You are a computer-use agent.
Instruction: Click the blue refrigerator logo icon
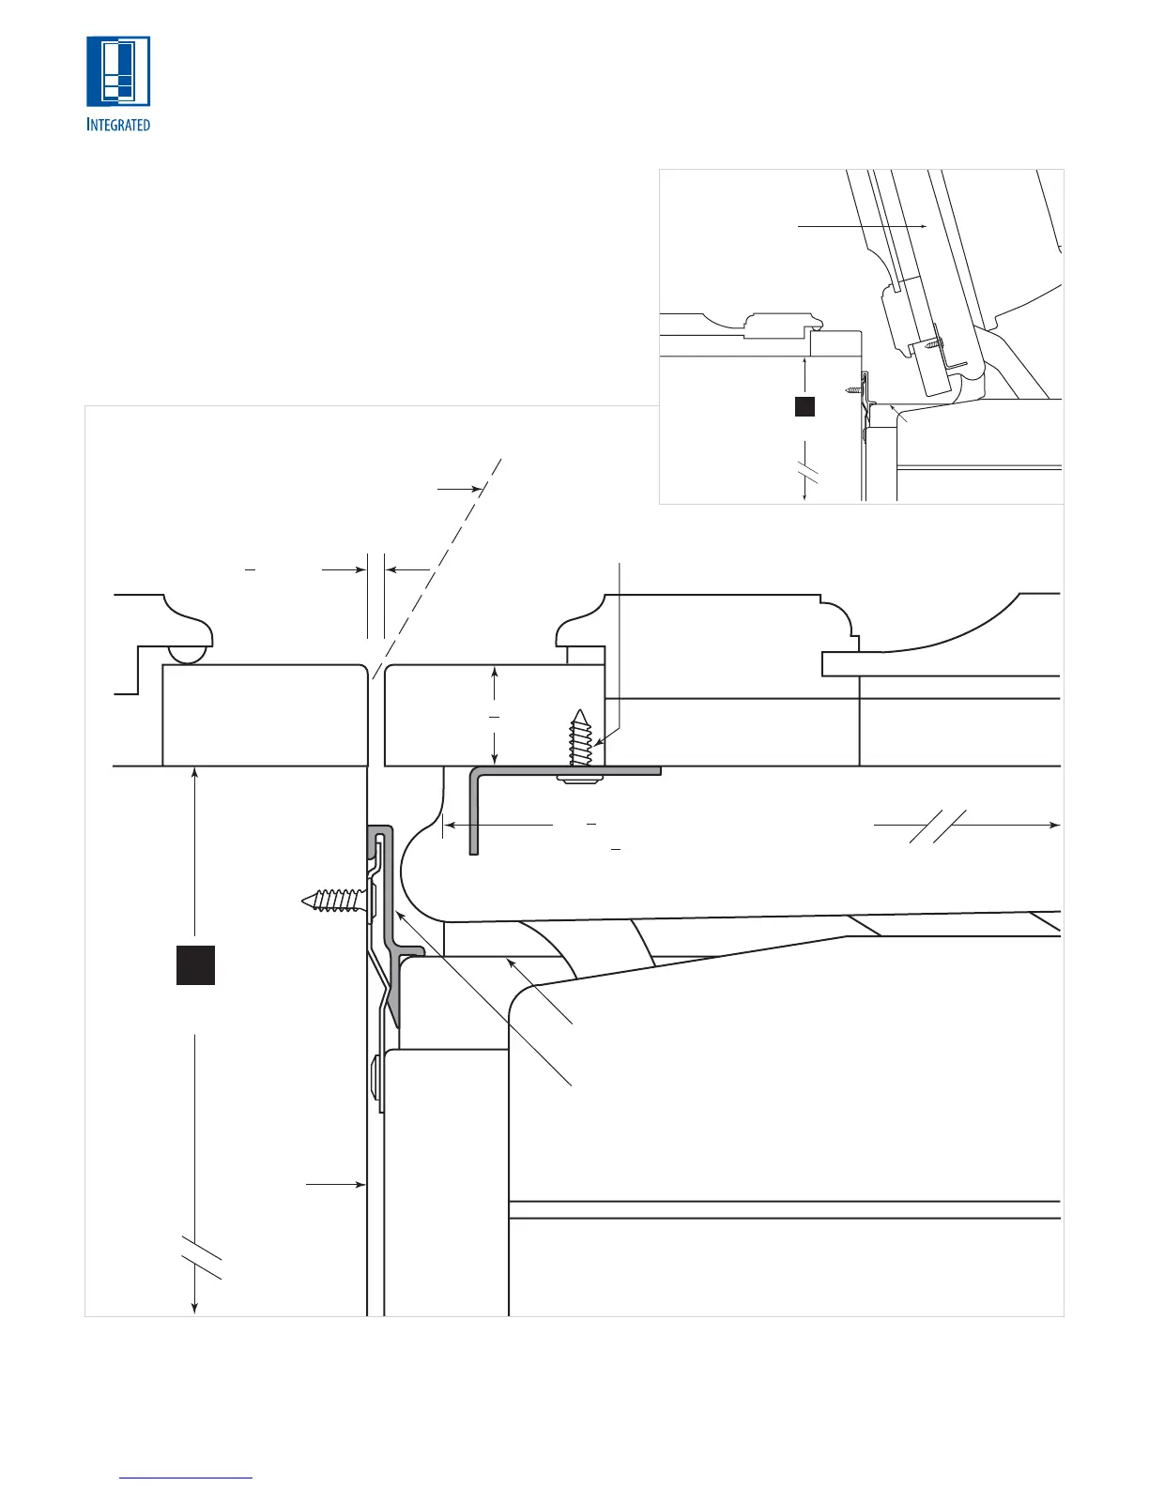tap(118, 71)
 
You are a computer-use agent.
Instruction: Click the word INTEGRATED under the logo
tap(118, 124)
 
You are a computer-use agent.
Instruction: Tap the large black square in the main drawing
tap(196, 964)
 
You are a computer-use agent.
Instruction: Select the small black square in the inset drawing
tap(804, 406)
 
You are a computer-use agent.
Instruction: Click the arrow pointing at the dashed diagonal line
tap(460, 488)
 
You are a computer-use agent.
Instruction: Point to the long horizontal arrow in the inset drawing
tap(862, 226)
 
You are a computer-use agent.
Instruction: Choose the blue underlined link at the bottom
tap(187, 1478)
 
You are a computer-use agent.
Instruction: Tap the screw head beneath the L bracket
tap(574, 779)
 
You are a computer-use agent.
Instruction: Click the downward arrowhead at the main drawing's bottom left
tap(194, 1307)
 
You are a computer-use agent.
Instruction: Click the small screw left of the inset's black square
tap(854, 388)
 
